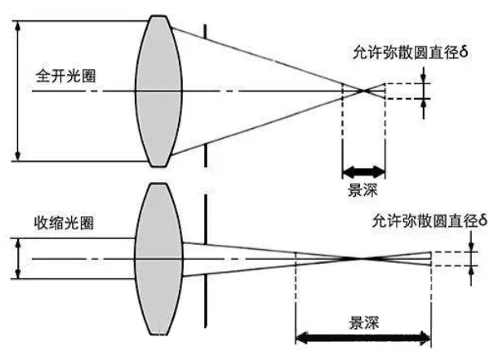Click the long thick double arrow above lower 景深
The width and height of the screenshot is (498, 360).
(362, 336)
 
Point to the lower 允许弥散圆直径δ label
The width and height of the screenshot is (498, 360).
(428, 220)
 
